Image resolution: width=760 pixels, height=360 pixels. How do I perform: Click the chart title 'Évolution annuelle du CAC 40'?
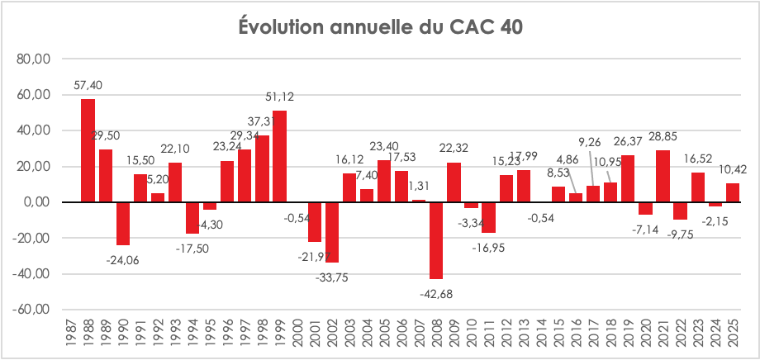click(380, 26)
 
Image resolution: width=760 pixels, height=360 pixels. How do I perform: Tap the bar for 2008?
click(436, 240)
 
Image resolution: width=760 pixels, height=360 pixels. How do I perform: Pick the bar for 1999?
click(279, 156)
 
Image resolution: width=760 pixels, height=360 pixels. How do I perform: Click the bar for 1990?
click(122, 223)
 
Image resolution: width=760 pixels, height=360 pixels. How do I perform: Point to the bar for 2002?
click(332, 232)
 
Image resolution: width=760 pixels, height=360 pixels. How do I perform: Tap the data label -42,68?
click(437, 293)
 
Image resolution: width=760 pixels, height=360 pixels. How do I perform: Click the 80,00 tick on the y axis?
click(32, 59)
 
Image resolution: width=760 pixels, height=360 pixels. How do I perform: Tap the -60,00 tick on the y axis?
click(31, 310)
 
